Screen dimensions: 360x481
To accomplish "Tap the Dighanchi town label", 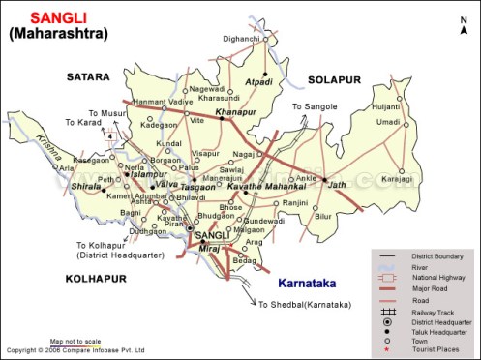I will coord(241,39).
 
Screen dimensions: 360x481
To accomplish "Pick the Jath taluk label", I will coord(337,184).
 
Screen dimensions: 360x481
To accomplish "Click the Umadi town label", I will coord(388,122).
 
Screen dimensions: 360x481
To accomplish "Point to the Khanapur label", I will coord(234,113).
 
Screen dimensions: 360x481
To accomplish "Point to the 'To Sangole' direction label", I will coord(314,106).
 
